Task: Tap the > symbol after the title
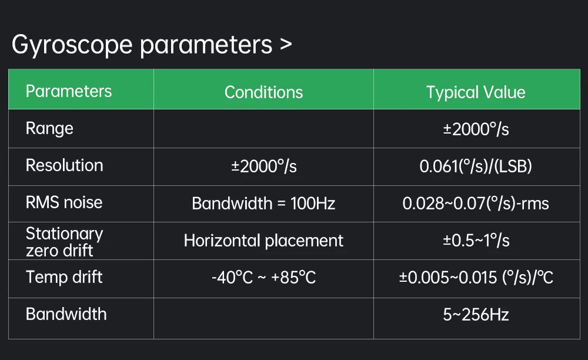click(x=286, y=45)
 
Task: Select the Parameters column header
click(x=69, y=91)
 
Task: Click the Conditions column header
click(x=263, y=92)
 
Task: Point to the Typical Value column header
click(x=476, y=92)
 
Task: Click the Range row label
click(x=49, y=129)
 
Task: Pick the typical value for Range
click(x=476, y=129)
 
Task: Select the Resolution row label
click(x=64, y=165)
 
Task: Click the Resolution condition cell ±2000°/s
click(x=263, y=166)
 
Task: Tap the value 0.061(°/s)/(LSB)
click(x=476, y=166)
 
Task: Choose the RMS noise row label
click(x=64, y=202)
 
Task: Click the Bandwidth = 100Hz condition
click(x=263, y=204)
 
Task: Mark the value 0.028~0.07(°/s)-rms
click(x=476, y=204)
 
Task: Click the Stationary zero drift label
click(x=64, y=242)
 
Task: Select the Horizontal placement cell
click(x=263, y=241)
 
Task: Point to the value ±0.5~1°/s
click(x=476, y=241)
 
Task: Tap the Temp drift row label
click(x=64, y=278)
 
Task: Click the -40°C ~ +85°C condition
click(x=263, y=278)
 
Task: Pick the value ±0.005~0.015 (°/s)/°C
click(x=476, y=278)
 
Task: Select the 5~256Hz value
click(x=476, y=315)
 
